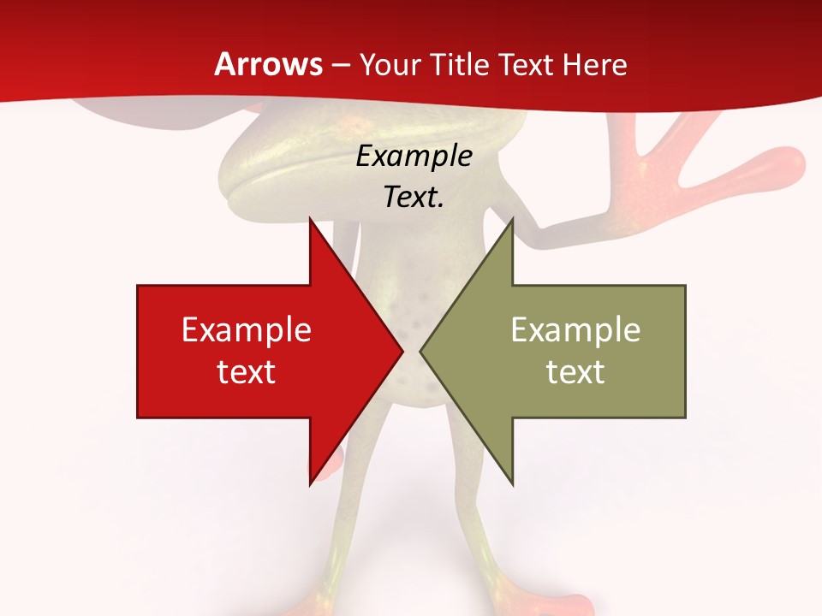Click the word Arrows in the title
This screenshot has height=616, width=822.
tap(268, 64)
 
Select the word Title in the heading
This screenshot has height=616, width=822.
tap(465, 65)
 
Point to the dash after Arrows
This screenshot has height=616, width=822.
tap(341, 66)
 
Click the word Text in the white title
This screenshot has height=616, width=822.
tap(526, 65)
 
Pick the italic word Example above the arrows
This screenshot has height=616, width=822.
tap(414, 157)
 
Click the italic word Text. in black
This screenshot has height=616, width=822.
tap(414, 198)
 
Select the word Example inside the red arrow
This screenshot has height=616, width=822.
tap(247, 330)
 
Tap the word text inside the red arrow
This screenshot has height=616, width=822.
tap(247, 372)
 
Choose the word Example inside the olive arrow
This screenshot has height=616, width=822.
tap(575, 330)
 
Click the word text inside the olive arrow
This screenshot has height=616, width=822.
tap(575, 372)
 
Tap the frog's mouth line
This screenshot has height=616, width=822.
tap(283, 171)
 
